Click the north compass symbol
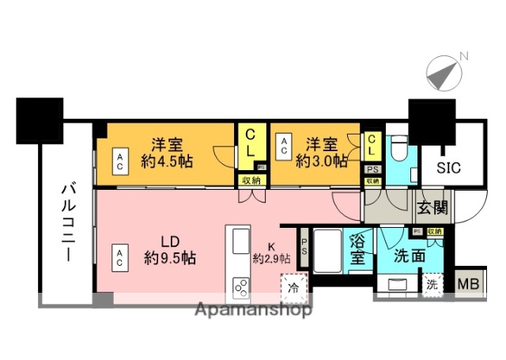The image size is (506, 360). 444,73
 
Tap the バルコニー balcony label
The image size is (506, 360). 66,224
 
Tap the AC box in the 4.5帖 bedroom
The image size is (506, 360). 120,161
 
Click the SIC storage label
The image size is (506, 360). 452,167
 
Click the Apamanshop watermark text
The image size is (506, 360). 252,309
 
